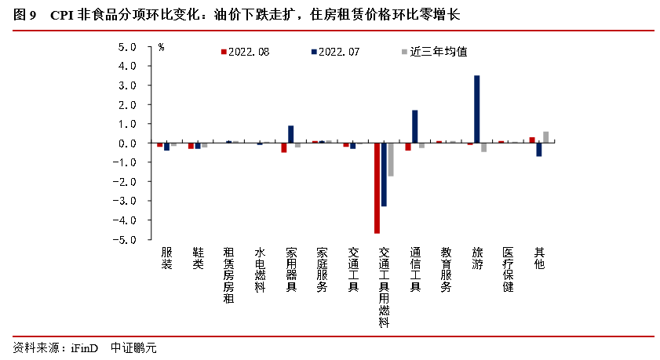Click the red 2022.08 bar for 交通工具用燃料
click(377, 188)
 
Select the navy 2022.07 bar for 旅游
click(476, 109)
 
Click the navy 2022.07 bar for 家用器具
click(290, 134)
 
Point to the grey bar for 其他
click(545, 137)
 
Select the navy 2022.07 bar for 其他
click(539, 150)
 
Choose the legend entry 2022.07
click(338, 52)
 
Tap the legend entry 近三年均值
click(437, 52)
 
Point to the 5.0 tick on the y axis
click(127, 47)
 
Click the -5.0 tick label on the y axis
click(126, 240)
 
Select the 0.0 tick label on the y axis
click(127, 144)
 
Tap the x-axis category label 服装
click(166, 259)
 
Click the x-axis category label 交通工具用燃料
click(384, 287)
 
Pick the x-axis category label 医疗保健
click(508, 270)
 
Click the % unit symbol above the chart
click(161, 48)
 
